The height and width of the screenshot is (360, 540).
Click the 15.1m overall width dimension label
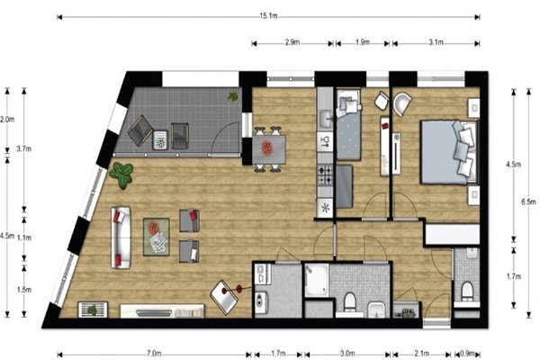coord(268,16)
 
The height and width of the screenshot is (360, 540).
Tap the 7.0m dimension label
coord(154,354)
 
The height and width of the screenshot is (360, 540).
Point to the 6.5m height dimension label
coord(528,202)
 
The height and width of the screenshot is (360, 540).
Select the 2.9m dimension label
coord(292,42)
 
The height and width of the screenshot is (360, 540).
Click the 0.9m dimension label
coord(467,354)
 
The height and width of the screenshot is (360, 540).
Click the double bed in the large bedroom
coord(449,152)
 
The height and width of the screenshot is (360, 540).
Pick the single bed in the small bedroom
coord(348,125)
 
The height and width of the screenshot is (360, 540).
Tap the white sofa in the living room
coord(121,238)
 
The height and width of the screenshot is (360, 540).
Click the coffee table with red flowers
coord(157,237)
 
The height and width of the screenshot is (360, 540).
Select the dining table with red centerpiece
coord(269,149)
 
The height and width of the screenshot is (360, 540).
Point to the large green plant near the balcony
coord(121,175)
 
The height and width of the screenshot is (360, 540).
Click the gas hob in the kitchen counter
coord(325,175)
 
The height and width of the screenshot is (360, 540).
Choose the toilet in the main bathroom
coord(349,301)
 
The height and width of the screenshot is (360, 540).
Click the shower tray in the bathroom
coord(317,280)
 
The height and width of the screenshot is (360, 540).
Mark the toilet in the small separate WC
coord(467,291)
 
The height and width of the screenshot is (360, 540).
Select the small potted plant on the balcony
coord(233,97)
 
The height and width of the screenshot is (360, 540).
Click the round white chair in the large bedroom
coord(402,103)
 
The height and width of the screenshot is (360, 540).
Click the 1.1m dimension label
coord(24,238)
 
